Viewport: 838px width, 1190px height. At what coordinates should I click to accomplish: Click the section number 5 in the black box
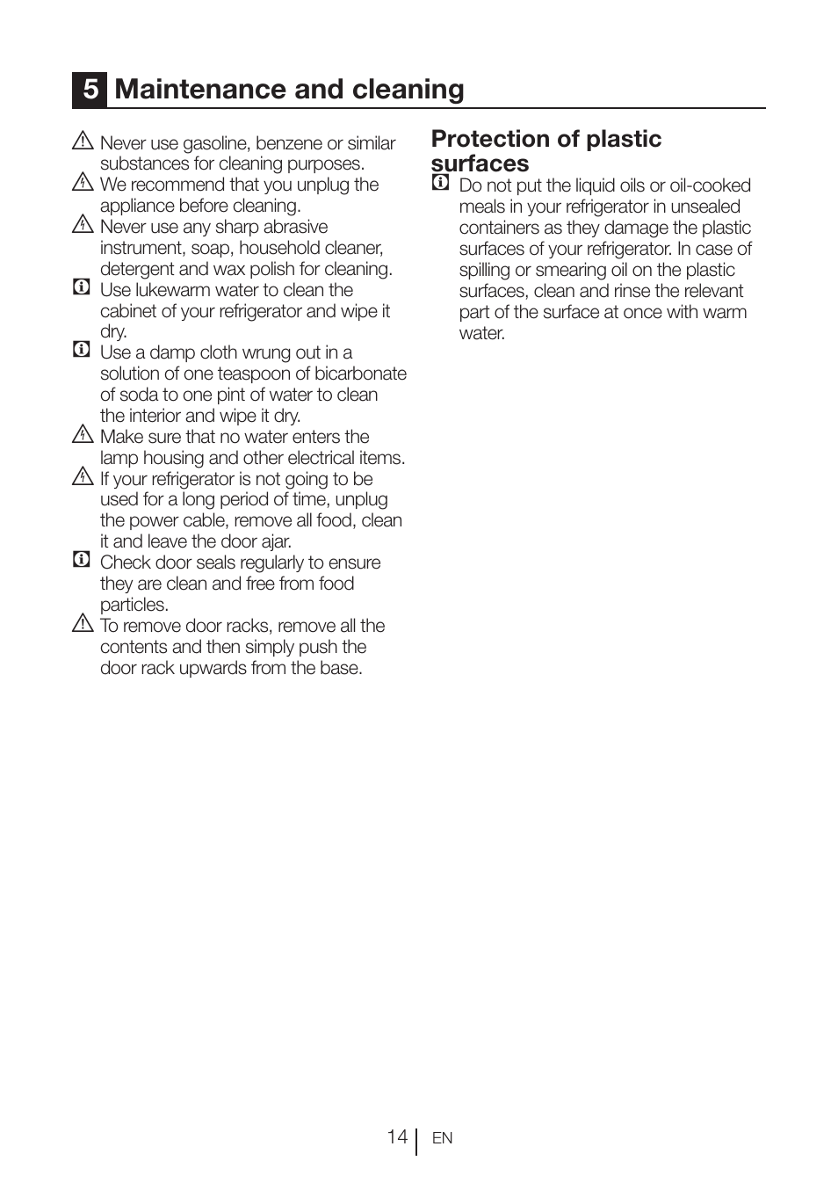tap(90, 90)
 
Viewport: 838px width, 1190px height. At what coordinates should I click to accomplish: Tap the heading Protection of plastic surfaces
tap(545, 150)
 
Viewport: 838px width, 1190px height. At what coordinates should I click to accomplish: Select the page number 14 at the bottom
tap(397, 1137)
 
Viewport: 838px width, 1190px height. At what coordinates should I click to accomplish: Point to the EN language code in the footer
tap(442, 1138)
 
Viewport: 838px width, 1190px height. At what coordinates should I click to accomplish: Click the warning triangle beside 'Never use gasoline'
tap(83, 141)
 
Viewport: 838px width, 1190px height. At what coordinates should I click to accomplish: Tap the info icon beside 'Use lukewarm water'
tap(82, 287)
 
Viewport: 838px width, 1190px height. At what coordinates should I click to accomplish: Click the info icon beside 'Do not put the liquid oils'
tap(440, 183)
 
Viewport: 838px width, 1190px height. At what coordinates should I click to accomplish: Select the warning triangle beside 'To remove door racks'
tap(83, 623)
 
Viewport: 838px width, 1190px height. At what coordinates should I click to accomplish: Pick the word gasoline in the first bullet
tap(216, 143)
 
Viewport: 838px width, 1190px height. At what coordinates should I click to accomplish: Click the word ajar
tap(276, 541)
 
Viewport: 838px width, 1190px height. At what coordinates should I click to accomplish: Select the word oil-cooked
tap(710, 185)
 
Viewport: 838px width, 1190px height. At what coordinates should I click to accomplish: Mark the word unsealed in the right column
tap(705, 207)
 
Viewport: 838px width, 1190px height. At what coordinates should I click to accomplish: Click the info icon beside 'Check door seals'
tap(82, 560)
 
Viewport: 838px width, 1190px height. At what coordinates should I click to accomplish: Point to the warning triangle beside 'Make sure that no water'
tap(83, 434)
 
